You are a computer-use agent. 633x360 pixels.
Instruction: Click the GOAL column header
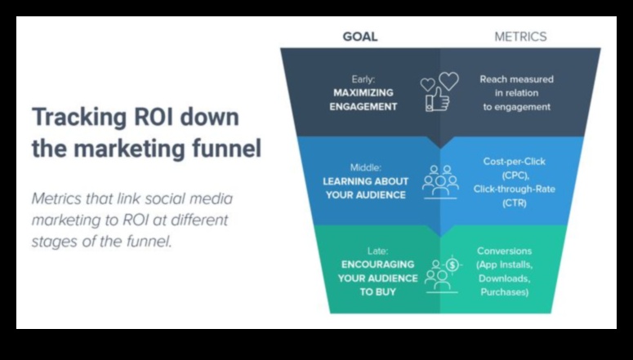(359, 37)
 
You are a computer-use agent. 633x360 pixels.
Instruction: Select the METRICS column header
(520, 37)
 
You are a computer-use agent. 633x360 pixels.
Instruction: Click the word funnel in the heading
(225, 148)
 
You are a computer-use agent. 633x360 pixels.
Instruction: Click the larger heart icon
(448, 81)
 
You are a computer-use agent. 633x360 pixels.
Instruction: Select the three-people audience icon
(439, 182)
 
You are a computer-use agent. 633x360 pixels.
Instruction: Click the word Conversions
(504, 251)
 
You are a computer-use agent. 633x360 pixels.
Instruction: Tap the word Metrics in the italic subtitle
(57, 198)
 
